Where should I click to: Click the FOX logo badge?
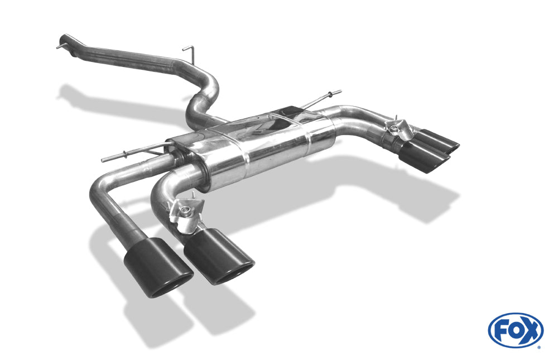[x=516, y=330]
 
